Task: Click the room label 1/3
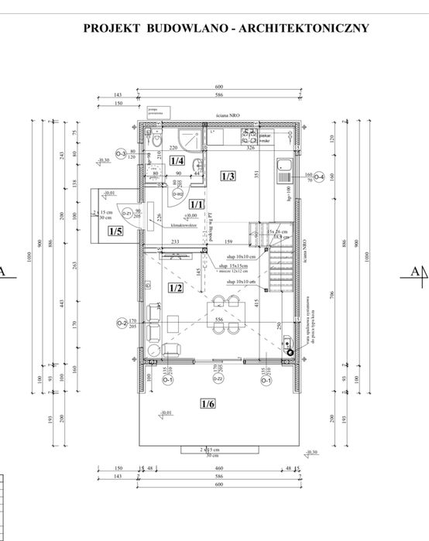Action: coord(228,176)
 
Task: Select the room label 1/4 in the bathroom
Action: coord(177,161)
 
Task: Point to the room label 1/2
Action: coord(175,288)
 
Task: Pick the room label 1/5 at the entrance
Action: coord(115,231)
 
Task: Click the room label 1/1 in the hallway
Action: coord(197,204)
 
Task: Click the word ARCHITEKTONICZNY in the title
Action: coord(306,29)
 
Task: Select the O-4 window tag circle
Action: coord(317,176)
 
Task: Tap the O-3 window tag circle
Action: coord(121,153)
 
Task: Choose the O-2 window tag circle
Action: coord(122,323)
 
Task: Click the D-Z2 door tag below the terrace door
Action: coord(218,378)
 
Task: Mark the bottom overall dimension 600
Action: coord(218,485)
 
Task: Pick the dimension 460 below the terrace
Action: coord(218,468)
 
